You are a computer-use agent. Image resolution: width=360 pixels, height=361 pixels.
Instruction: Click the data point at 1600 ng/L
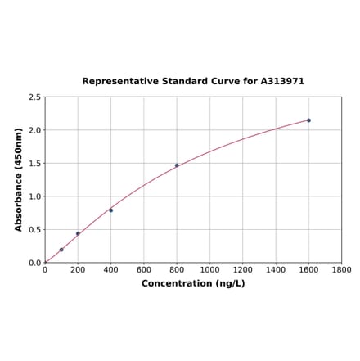pyautogui.click(x=308, y=120)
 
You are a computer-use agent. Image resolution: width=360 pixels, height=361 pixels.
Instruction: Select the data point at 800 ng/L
pyautogui.click(x=177, y=165)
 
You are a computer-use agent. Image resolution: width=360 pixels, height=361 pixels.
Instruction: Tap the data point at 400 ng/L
pyautogui.click(x=111, y=210)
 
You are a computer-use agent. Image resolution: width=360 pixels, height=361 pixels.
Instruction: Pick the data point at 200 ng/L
pyautogui.click(x=78, y=233)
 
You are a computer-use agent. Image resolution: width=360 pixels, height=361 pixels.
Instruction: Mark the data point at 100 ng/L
pyautogui.click(x=61, y=250)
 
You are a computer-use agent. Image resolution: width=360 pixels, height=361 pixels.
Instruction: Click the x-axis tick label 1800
pyautogui.click(x=341, y=269)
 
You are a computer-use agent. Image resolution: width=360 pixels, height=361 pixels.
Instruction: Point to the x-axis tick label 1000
pyautogui.click(x=209, y=269)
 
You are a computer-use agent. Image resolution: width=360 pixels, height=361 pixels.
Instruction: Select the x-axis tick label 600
pyautogui.click(x=144, y=269)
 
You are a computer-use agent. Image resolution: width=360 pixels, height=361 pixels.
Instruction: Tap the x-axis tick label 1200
pyautogui.click(x=243, y=269)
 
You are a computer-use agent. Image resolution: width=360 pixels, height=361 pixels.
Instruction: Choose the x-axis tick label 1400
pyautogui.click(x=276, y=269)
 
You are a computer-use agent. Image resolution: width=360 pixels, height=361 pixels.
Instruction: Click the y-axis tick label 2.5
pyautogui.click(x=35, y=97)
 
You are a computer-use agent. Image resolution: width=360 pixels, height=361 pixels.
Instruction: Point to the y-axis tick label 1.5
pyautogui.click(x=35, y=164)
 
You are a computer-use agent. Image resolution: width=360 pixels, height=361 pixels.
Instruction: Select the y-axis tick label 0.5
pyautogui.click(x=35, y=230)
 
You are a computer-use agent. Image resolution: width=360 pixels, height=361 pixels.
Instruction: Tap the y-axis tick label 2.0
pyautogui.click(x=35, y=130)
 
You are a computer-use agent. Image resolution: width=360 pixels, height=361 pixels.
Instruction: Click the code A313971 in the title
pyautogui.click(x=282, y=82)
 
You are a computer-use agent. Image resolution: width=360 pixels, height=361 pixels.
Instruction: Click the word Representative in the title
pyautogui.click(x=119, y=82)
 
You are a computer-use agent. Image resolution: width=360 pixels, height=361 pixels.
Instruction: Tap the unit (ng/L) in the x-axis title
pyautogui.click(x=231, y=283)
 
